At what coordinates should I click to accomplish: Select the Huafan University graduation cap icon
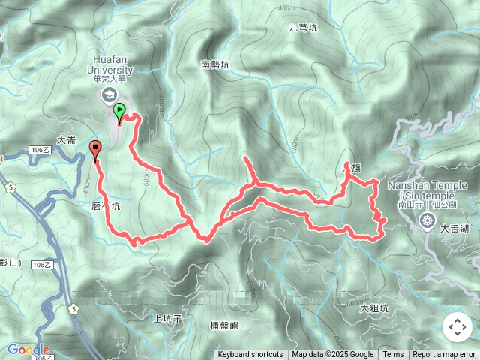point(109,94)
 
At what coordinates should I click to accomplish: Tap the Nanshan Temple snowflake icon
point(427,220)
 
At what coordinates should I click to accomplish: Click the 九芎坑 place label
point(303,28)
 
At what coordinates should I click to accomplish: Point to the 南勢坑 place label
point(215,65)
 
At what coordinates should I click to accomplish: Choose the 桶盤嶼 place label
point(224,325)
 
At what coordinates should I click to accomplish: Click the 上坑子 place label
point(167,319)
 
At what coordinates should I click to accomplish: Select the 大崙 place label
point(66,140)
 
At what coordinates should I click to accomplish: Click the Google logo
point(28,349)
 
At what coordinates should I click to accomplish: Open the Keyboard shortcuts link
point(250,355)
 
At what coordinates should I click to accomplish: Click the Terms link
point(393,355)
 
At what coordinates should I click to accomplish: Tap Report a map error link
point(444,355)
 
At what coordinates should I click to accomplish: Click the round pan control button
point(457,327)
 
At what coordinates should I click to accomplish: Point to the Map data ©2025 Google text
point(332,355)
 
